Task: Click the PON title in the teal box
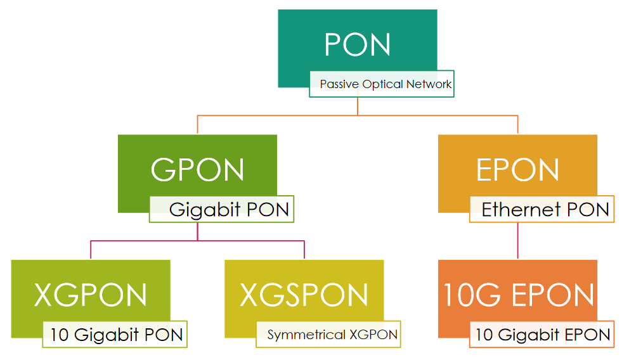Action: pos(357,44)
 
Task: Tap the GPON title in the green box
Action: pos(197,170)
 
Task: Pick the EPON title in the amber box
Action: pos(517,170)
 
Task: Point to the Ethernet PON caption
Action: pos(545,209)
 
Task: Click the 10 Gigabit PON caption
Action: pos(117,335)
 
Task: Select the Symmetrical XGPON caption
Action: pos(332,335)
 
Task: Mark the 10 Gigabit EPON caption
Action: pos(543,335)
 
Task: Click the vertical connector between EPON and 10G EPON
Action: pos(518,241)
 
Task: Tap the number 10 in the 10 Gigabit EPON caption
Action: pos(484,335)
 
